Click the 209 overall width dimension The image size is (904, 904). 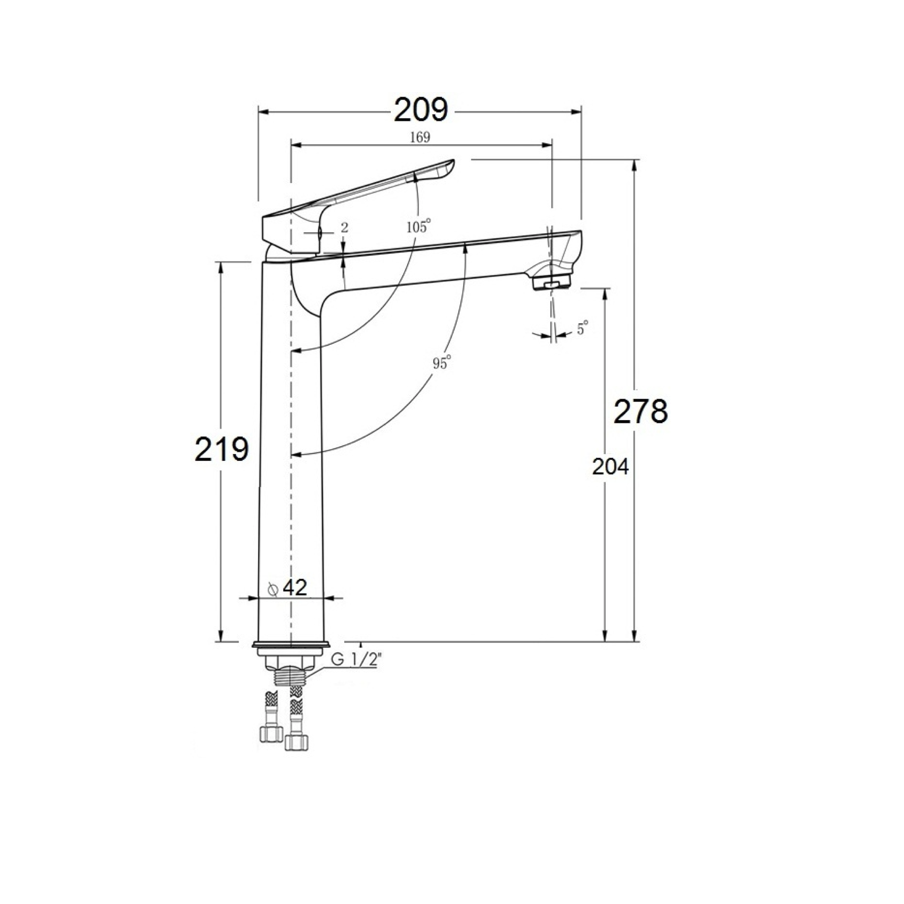421,110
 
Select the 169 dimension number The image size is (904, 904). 420,137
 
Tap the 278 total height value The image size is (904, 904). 641,411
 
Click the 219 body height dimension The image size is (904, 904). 222,449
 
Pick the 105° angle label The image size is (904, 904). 419,227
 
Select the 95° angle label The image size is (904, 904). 441,362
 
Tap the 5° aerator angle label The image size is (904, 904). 582,329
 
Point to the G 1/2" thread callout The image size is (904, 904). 354,660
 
